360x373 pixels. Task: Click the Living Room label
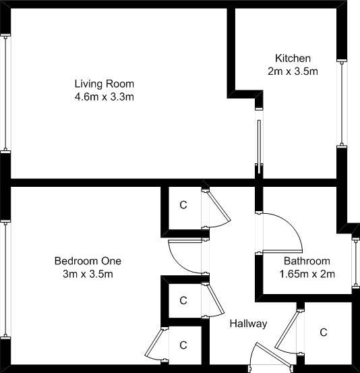(104, 84)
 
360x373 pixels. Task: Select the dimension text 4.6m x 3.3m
(104, 97)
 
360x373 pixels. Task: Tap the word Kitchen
(293, 58)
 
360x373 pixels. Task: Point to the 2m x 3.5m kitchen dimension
(293, 71)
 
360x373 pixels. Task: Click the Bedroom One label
(88, 261)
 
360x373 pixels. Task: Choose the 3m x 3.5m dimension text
(88, 274)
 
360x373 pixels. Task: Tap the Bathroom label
(307, 261)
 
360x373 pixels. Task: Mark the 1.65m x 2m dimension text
(307, 274)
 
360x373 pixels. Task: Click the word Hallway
(248, 324)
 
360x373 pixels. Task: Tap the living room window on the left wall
(5, 93)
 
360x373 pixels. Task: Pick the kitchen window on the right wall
(342, 103)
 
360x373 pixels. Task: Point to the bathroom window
(356, 263)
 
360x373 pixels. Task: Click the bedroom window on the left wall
(5, 279)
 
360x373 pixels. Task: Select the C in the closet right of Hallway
(324, 333)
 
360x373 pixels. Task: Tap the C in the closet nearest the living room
(183, 205)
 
